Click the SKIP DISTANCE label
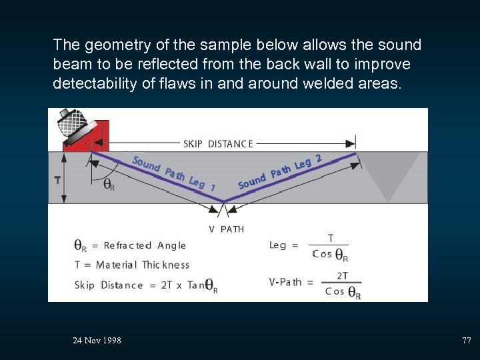pos(218,143)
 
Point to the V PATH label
pos(227,229)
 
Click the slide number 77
pos(466,341)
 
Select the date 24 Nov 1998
pos(97,341)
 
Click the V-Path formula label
pos(285,282)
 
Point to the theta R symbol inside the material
pos(107,185)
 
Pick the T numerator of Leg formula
pos(331,238)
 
